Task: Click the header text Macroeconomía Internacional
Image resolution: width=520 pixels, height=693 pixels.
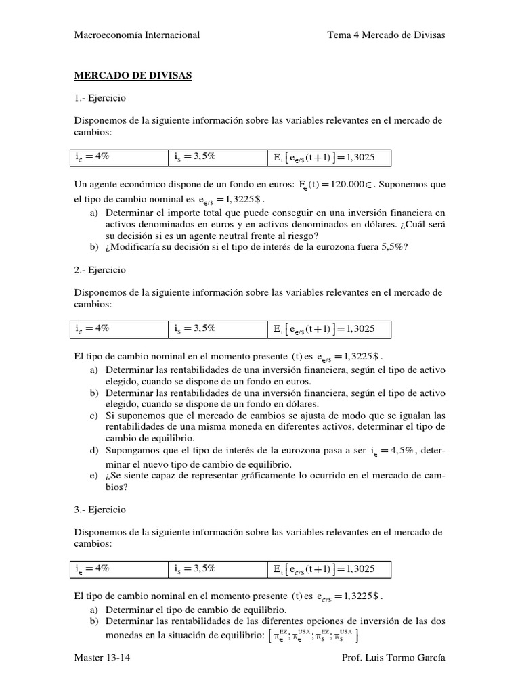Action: point(136,35)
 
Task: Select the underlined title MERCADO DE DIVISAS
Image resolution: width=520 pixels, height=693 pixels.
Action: point(132,76)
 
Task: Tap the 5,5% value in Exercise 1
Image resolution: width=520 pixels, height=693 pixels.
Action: point(391,247)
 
